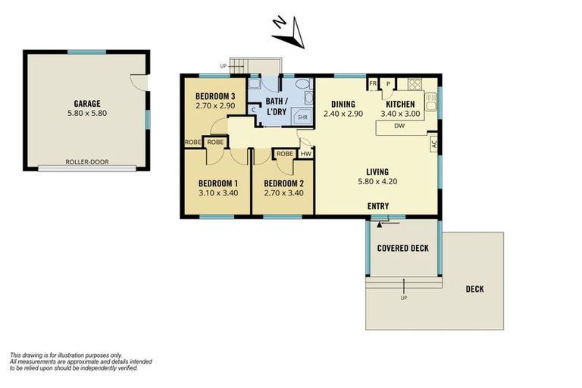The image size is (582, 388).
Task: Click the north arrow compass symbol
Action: [289, 31]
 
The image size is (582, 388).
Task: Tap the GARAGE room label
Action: [86, 104]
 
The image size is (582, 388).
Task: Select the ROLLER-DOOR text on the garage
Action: [86, 161]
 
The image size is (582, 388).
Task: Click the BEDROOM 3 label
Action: [215, 96]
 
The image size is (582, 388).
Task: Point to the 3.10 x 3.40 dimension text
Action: [218, 193]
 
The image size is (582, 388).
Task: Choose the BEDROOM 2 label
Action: [285, 183]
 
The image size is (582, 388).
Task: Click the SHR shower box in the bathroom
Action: [302, 117]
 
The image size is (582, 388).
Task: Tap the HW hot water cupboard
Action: [306, 154]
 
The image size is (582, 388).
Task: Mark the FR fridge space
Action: [373, 84]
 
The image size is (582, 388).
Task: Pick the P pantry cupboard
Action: [388, 84]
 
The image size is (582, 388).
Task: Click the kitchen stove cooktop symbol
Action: [414, 84]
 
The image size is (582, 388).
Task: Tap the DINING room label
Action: [343, 104]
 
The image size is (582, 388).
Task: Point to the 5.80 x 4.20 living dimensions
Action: [377, 182]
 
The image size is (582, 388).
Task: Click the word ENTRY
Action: [379, 206]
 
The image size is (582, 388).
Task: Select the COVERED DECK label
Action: [403, 248]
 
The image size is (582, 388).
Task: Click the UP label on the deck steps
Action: [403, 298]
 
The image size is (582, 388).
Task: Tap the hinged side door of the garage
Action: [138, 81]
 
